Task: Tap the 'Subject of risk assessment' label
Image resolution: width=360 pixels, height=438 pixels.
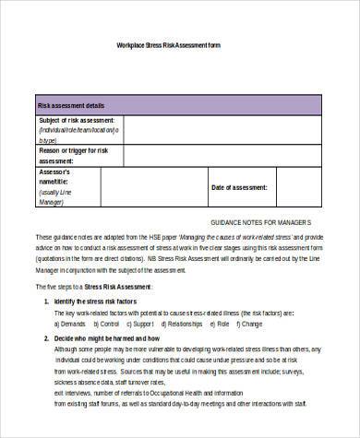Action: [x=77, y=121]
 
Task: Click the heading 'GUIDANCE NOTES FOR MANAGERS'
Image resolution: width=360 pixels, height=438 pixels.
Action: [x=261, y=224]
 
